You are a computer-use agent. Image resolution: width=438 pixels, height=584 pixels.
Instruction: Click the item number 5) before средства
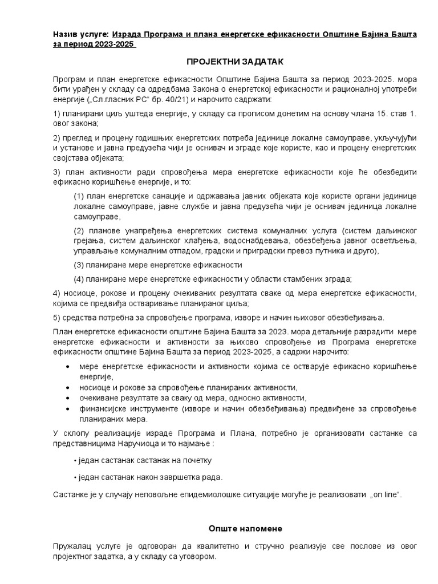(x=56, y=318)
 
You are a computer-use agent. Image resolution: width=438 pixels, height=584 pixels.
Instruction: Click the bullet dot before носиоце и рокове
(x=69, y=387)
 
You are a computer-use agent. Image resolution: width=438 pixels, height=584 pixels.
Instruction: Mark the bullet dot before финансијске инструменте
(x=69, y=409)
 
